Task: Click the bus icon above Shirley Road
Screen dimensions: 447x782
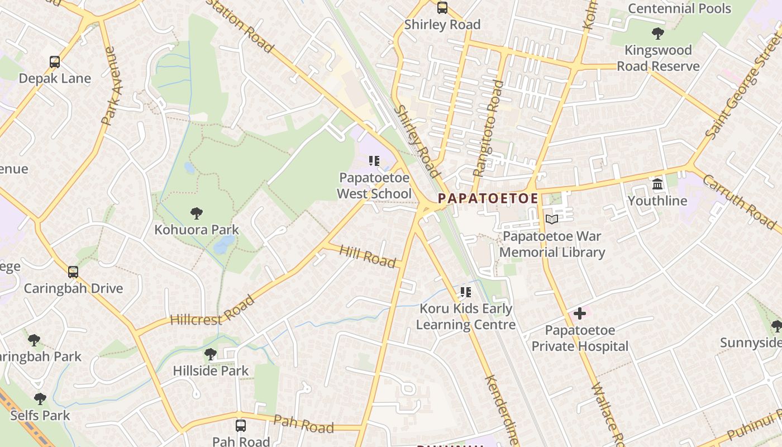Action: click(442, 8)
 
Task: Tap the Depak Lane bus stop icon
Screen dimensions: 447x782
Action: click(55, 61)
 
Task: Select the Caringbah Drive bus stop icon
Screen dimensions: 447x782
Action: click(73, 272)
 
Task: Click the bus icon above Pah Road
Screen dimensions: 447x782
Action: click(241, 425)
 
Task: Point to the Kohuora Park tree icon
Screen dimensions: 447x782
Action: click(196, 213)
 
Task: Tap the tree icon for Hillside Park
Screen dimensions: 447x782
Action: click(210, 354)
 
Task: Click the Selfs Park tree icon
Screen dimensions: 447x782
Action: click(40, 399)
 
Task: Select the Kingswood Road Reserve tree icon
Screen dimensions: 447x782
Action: click(658, 34)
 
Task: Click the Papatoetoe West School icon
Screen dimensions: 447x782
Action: click(374, 161)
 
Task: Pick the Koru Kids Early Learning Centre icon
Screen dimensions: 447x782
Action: click(466, 292)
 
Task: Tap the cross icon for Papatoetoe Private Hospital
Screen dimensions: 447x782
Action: click(580, 313)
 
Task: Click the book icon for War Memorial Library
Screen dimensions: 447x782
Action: click(552, 220)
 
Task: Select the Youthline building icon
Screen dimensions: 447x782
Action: click(657, 184)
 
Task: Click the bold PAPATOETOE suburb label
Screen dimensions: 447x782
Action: click(488, 198)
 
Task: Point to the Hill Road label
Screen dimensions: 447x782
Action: click(367, 256)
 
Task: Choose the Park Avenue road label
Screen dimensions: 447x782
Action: click(112, 85)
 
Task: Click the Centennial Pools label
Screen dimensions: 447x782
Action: click(679, 8)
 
